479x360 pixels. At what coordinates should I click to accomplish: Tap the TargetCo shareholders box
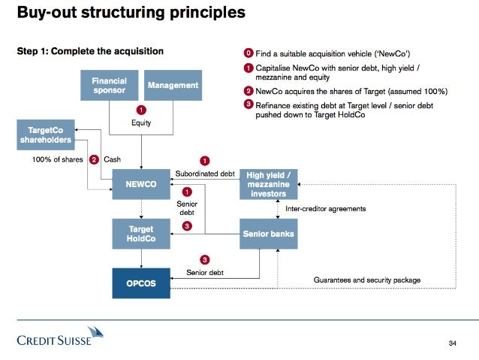pos(45,135)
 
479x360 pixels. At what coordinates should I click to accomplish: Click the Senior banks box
pos(268,234)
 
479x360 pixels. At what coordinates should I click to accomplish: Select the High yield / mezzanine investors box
pos(268,184)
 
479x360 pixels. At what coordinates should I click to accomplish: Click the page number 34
pos(452,343)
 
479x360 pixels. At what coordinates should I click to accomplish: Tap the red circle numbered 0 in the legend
pos(249,53)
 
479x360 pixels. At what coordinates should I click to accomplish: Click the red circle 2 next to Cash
pos(94,159)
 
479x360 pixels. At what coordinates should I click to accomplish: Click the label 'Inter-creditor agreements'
pos(326,208)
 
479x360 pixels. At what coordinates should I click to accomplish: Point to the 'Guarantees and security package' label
pos(366,280)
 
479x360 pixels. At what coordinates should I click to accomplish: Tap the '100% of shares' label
pos(56,159)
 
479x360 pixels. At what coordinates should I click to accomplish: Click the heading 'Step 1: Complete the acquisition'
pos(90,51)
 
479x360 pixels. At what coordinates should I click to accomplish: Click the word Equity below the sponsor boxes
pos(141,123)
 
